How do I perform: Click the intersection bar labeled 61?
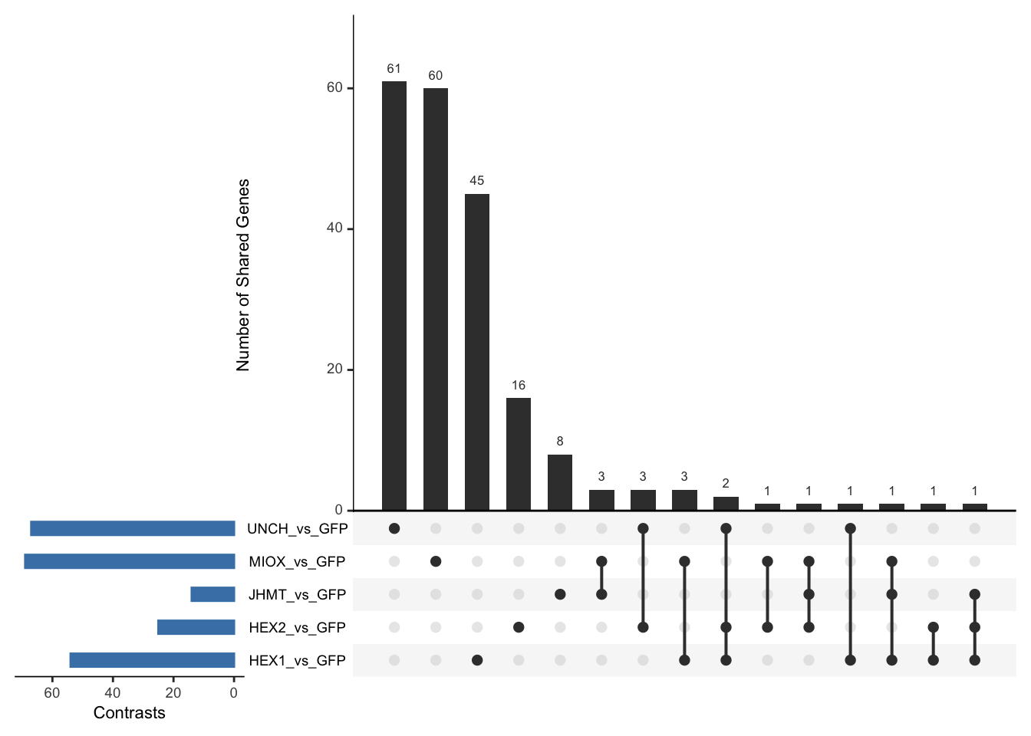(x=394, y=295)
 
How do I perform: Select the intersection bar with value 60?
(x=436, y=299)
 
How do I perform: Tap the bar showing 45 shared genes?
(x=477, y=352)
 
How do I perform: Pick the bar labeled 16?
(x=519, y=454)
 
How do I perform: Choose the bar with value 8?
(x=560, y=482)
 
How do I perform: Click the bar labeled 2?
(x=726, y=504)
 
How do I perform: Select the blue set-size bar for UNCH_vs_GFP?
(x=132, y=528)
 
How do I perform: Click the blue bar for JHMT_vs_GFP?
(x=212, y=594)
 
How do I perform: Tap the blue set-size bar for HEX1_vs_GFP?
(x=152, y=660)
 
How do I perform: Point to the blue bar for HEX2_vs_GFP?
(x=196, y=627)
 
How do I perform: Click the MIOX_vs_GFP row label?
(x=297, y=562)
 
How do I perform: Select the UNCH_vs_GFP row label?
(x=297, y=529)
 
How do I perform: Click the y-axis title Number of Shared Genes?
(x=243, y=275)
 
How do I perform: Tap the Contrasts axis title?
(x=129, y=713)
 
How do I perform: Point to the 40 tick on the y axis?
(x=334, y=228)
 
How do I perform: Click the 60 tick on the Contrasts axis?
(x=52, y=693)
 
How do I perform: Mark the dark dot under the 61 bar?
(x=394, y=528)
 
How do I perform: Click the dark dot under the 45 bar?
(x=477, y=660)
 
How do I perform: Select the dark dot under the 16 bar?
(x=519, y=627)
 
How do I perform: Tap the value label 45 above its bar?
(x=477, y=181)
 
